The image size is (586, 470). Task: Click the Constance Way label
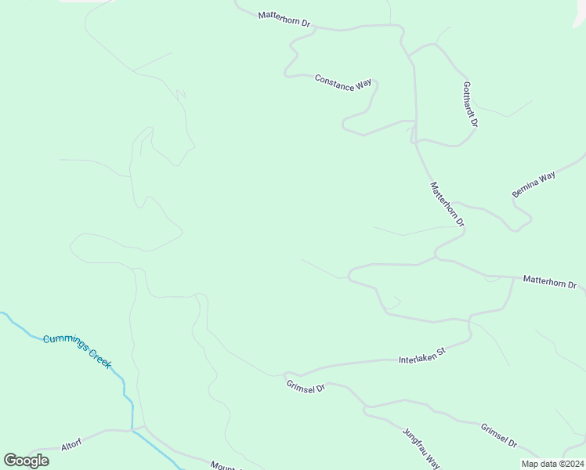click(342, 81)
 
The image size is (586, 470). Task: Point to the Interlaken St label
click(421, 355)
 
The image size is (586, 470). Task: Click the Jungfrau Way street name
click(421, 447)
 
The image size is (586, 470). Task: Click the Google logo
click(26, 461)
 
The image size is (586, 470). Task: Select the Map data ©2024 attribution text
click(552, 464)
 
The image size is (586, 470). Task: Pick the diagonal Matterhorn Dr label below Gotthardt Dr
click(447, 204)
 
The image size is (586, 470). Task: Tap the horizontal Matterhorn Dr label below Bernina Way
click(549, 281)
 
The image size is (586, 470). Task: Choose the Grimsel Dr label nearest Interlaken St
click(306, 386)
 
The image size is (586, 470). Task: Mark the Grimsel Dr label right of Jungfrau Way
click(499, 436)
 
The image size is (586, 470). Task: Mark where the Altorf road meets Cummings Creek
click(132, 429)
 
